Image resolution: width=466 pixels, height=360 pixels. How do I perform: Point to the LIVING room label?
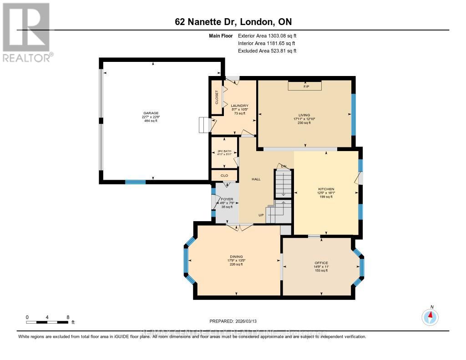[304, 115]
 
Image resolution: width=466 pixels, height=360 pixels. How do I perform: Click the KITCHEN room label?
[326, 189]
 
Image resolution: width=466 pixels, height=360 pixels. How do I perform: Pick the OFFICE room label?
[321, 263]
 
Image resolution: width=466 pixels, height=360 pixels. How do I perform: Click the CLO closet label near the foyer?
[224, 175]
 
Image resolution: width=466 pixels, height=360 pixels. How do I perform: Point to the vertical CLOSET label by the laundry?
[217, 97]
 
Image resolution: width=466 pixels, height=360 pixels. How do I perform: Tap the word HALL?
[256, 179]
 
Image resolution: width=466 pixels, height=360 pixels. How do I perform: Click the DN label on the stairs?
[283, 166]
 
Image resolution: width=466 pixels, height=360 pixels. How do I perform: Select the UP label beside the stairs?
[261, 215]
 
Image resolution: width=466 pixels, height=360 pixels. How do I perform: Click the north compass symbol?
[430, 316]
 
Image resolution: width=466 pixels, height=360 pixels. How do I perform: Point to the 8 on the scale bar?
[67, 317]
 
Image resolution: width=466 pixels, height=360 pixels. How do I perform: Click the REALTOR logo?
[27, 32]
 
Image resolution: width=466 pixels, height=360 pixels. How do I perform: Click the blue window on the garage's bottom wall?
[135, 182]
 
